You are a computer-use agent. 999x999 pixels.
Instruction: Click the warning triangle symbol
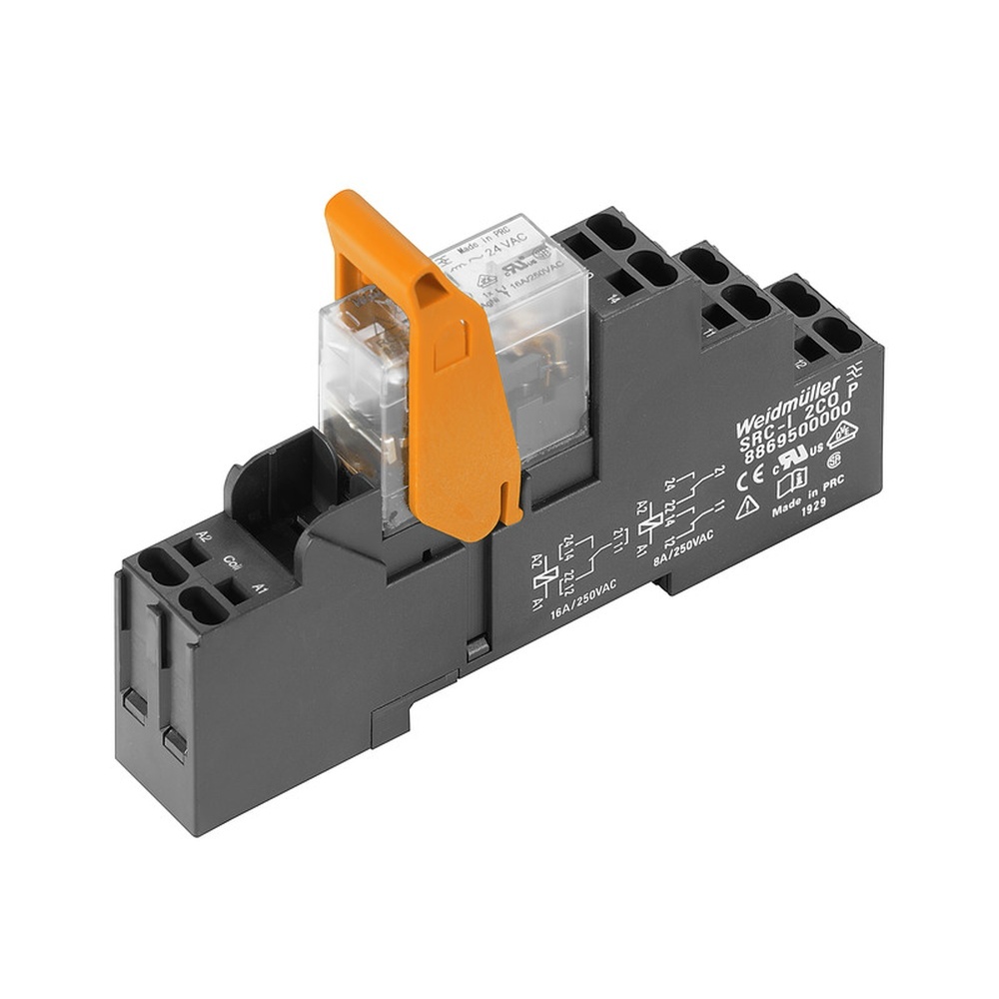[747, 507]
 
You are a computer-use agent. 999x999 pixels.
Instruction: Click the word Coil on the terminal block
[231, 560]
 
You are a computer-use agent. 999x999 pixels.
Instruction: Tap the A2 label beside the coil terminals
[204, 536]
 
